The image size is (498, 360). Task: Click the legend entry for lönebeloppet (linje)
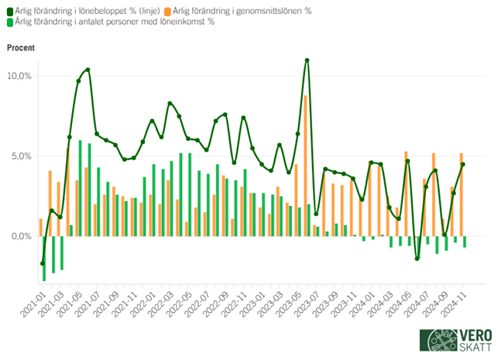(86, 11)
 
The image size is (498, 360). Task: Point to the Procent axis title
(21, 48)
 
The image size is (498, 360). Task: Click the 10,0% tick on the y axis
(19, 76)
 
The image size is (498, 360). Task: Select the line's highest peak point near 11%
(307, 60)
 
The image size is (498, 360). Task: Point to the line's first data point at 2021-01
(43, 263)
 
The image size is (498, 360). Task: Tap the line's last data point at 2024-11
(463, 164)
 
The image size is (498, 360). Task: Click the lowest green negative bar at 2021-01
(44, 259)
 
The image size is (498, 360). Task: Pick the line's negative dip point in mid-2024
(417, 259)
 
